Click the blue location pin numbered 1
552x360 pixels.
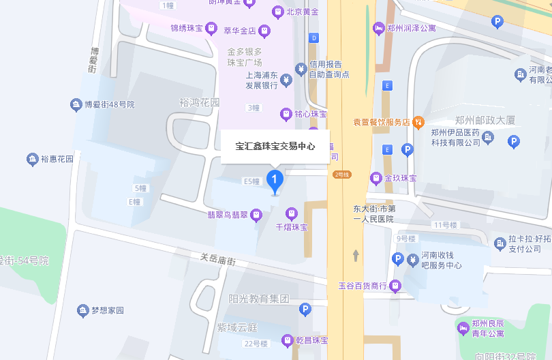275,181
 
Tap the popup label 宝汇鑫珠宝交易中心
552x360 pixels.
275,146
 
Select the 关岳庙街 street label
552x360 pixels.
217,260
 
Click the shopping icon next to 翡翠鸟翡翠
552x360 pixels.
256,215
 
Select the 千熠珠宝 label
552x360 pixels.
292,226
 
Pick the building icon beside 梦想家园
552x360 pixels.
82,310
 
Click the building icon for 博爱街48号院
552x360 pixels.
76,105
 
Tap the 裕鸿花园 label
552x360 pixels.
200,102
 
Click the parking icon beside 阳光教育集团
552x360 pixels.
305,310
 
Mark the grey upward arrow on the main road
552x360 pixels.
355,255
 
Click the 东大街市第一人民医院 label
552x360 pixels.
373,214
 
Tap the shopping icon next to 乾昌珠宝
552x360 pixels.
287,340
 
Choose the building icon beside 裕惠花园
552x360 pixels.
32,160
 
